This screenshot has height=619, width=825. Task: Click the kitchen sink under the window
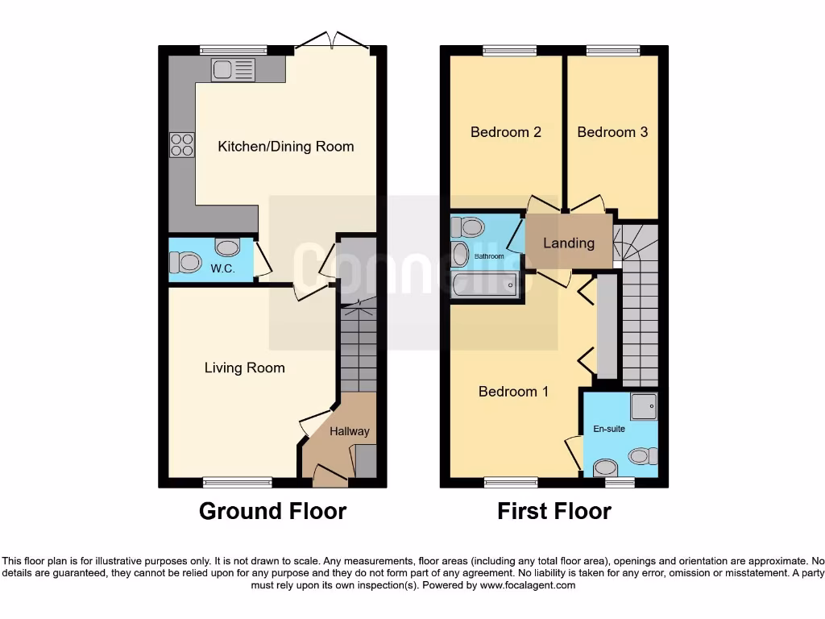233,70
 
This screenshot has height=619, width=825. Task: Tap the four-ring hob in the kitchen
182,144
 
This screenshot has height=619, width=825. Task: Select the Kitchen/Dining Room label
285,147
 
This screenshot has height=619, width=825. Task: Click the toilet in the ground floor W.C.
185,262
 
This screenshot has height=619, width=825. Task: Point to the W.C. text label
222,268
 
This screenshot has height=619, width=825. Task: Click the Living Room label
244,368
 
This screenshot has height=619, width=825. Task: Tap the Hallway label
349,431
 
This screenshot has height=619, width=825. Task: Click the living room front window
238,483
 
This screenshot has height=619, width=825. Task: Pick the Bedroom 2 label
505,132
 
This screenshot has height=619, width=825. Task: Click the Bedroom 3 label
612,132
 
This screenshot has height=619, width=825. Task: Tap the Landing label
569,243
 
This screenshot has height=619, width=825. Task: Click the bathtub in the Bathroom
481,285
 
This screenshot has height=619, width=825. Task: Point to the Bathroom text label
488,256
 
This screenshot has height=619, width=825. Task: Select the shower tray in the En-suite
644,407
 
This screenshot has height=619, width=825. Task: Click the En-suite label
610,429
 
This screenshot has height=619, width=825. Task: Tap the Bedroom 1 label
513,392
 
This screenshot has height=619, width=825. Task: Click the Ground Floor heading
272,511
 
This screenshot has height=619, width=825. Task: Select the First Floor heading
553,511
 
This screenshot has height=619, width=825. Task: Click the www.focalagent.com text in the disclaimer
527,586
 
